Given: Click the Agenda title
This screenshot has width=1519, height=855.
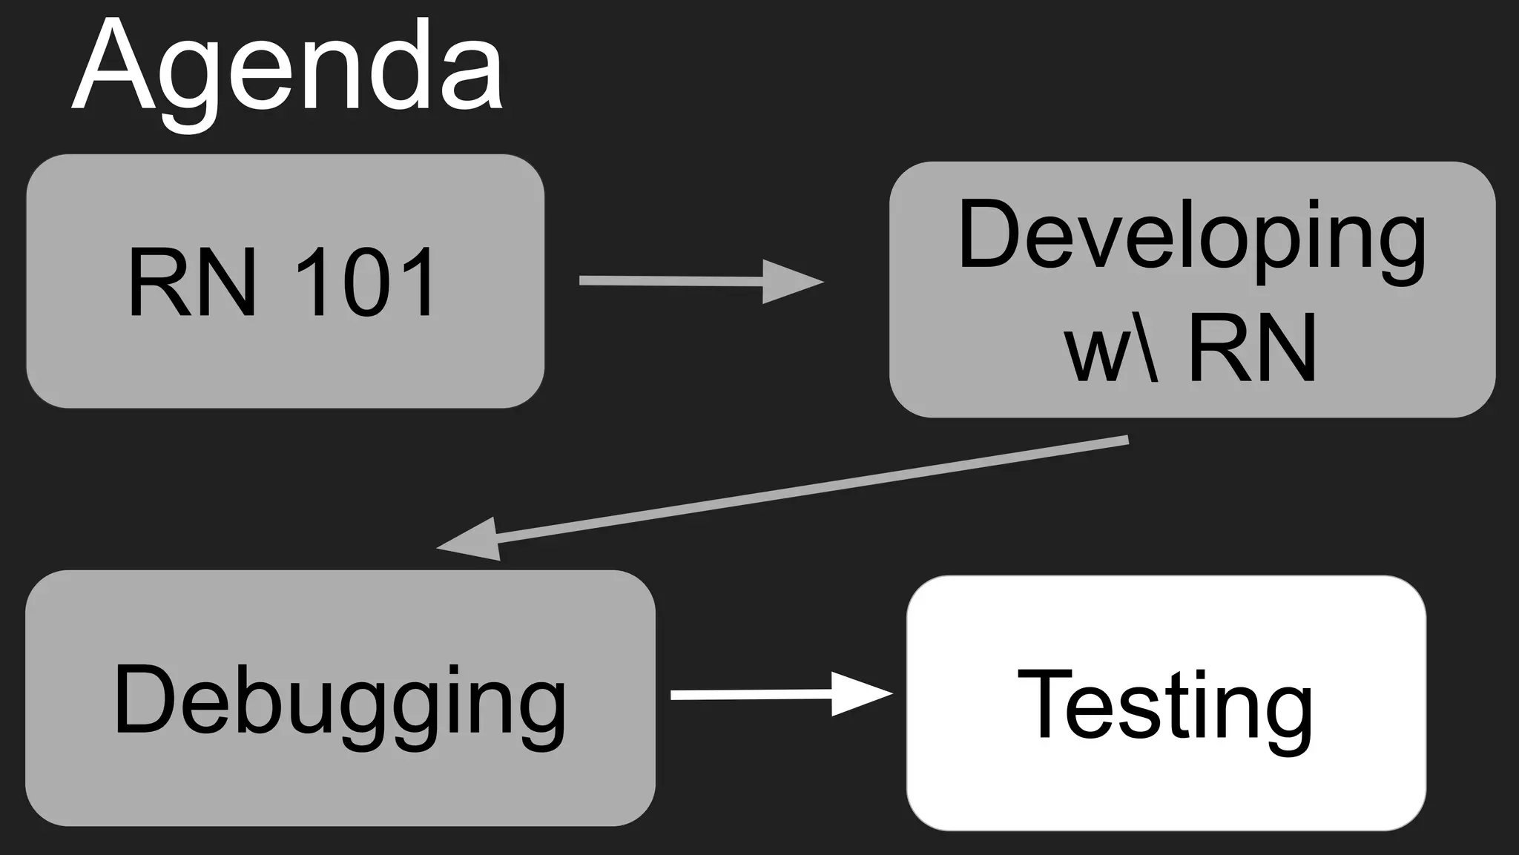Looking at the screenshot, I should (288, 70).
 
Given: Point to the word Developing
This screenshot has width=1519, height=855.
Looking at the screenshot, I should (1191, 236).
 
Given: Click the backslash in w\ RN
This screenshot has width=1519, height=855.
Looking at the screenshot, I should (1147, 346).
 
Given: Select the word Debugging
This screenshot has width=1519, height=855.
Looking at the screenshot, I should (340, 702).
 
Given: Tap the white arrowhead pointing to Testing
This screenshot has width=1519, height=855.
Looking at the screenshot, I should (860, 694).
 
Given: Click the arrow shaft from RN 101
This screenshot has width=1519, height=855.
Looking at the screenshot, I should (668, 280).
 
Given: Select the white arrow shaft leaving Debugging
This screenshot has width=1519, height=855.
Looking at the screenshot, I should (749, 694).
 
